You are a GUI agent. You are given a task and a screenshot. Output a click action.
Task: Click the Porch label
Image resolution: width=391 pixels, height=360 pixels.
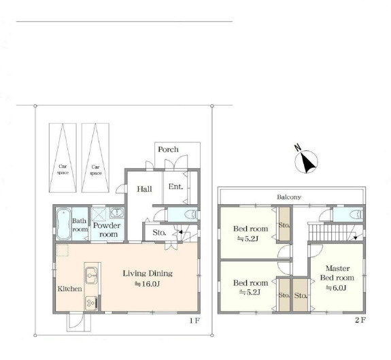(169, 150)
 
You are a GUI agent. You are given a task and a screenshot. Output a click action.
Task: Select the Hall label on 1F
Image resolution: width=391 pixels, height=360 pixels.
(144, 189)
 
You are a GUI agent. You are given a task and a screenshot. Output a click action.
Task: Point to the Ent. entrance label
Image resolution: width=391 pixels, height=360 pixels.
(175, 186)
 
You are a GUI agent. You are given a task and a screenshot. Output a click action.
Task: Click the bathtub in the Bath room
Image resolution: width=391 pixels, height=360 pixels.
(63, 224)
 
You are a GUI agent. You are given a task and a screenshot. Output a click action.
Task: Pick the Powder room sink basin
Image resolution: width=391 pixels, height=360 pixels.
(116, 212)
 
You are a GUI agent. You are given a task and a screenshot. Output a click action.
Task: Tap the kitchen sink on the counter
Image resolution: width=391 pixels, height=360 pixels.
(92, 276)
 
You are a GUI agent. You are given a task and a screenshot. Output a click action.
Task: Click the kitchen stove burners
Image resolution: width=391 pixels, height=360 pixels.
(91, 303)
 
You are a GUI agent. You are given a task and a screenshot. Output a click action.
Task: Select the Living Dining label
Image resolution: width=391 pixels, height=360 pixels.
(148, 274)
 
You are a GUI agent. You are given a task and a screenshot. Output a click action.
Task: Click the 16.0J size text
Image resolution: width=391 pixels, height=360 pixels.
(147, 284)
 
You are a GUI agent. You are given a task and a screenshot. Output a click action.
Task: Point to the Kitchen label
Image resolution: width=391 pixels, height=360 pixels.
(69, 289)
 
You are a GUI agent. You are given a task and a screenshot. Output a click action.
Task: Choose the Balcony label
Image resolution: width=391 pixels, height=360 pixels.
(289, 197)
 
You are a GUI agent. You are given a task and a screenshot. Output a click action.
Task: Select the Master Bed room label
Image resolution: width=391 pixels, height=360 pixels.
(337, 273)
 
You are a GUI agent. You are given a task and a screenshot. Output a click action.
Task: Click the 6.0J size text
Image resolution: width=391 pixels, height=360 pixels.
(336, 288)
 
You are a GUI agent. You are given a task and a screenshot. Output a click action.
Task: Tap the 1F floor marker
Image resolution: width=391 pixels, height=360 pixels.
(194, 321)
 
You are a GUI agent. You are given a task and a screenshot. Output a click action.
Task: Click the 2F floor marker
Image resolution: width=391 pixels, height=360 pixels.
(360, 320)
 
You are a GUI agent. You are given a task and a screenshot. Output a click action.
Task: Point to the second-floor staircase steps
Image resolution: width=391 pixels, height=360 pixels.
(328, 232)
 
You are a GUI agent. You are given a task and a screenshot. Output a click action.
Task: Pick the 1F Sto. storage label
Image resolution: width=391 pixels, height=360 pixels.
(159, 233)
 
